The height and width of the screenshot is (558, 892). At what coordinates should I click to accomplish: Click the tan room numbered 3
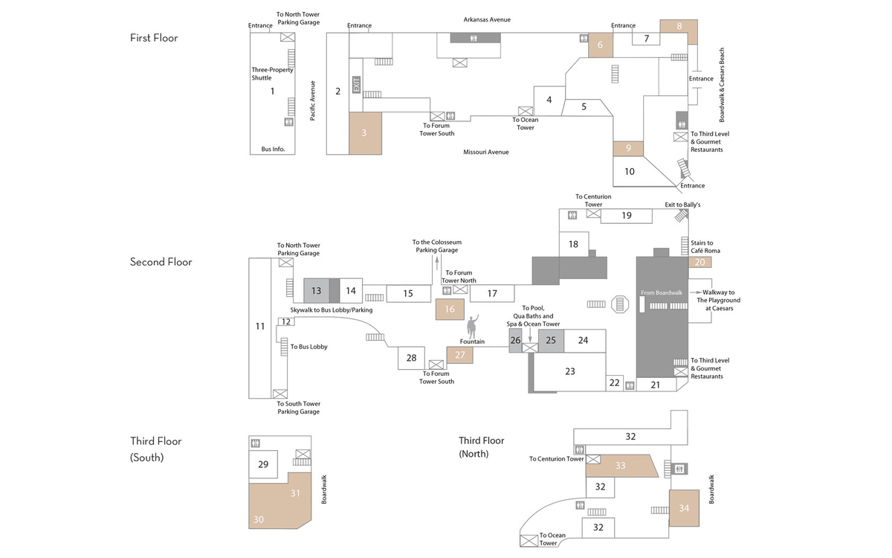(x=365, y=133)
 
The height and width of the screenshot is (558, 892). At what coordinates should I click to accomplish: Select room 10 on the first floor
(x=629, y=172)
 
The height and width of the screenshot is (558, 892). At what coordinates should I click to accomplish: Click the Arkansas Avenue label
(x=487, y=19)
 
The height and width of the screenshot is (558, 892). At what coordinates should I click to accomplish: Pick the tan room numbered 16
(x=450, y=309)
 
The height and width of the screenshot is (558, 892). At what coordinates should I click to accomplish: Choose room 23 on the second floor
(x=570, y=371)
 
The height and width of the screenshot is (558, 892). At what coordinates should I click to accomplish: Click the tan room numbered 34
(x=684, y=508)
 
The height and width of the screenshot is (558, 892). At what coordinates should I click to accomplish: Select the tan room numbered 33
(x=621, y=466)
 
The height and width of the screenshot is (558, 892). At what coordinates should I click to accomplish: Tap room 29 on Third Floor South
(x=263, y=464)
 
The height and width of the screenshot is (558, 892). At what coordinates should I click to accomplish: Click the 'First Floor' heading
(x=154, y=38)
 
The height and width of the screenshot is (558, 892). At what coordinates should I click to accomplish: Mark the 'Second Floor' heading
(x=161, y=262)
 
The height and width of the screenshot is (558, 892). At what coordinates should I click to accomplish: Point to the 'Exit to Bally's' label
(x=682, y=205)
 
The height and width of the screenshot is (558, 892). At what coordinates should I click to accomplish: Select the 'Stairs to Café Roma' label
(x=702, y=247)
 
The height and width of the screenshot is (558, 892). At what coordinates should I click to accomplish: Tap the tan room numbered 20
(x=699, y=262)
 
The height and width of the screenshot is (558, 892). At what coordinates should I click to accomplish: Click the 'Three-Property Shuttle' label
(x=272, y=74)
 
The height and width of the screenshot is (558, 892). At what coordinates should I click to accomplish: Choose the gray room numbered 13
(x=316, y=290)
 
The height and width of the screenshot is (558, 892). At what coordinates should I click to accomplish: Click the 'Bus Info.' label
(x=273, y=150)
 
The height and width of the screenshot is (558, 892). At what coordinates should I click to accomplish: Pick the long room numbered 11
(x=259, y=326)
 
